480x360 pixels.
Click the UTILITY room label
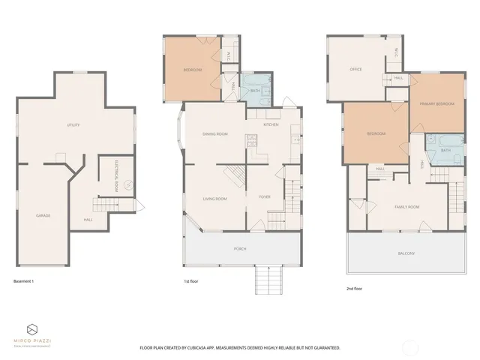(x=73, y=125)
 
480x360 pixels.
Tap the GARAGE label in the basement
(x=43, y=216)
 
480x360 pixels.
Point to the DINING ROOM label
(x=215, y=134)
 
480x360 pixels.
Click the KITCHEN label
(x=271, y=124)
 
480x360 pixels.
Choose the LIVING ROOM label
(x=215, y=199)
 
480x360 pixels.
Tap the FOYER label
(x=265, y=198)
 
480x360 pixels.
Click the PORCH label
(x=240, y=248)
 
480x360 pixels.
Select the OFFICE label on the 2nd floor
(x=356, y=69)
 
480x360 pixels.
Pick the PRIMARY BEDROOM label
(x=437, y=104)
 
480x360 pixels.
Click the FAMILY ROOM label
(x=407, y=206)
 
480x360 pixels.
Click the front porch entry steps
(x=268, y=281)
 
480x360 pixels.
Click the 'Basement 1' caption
(x=24, y=281)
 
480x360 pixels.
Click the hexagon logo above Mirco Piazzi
(x=32, y=329)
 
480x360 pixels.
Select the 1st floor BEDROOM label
(x=193, y=70)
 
